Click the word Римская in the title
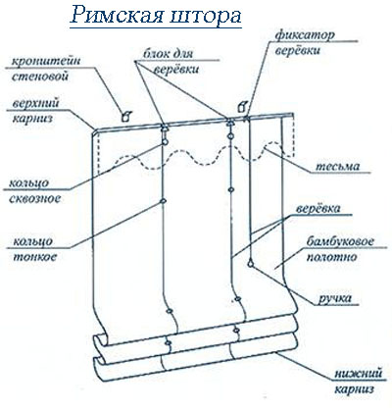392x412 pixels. pyautogui.click(x=117, y=15)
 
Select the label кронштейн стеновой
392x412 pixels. pyautogui.click(x=45, y=69)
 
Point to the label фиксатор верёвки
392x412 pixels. pyautogui.click(x=303, y=43)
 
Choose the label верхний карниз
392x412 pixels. pyautogui.click(x=36, y=111)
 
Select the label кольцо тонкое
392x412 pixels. pyautogui.click(x=33, y=248)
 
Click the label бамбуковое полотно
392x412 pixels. pyautogui.click(x=340, y=249)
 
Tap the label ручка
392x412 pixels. pyautogui.click(x=335, y=298)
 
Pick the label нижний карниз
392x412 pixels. pyautogui.click(x=359, y=382)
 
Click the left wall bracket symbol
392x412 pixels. pyautogui.click(x=125, y=116)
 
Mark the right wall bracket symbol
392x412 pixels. pyautogui.click(x=242, y=107)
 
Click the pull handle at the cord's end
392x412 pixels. pyautogui.click(x=251, y=263)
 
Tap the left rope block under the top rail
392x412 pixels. pyautogui.click(x=165, y=128)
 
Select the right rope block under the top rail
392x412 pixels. pyautogui.click(x=230, y=123)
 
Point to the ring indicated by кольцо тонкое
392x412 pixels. pyautogui.click(x=163, y=201)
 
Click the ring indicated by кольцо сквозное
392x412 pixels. pyautogui.click(x=165, y=141)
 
